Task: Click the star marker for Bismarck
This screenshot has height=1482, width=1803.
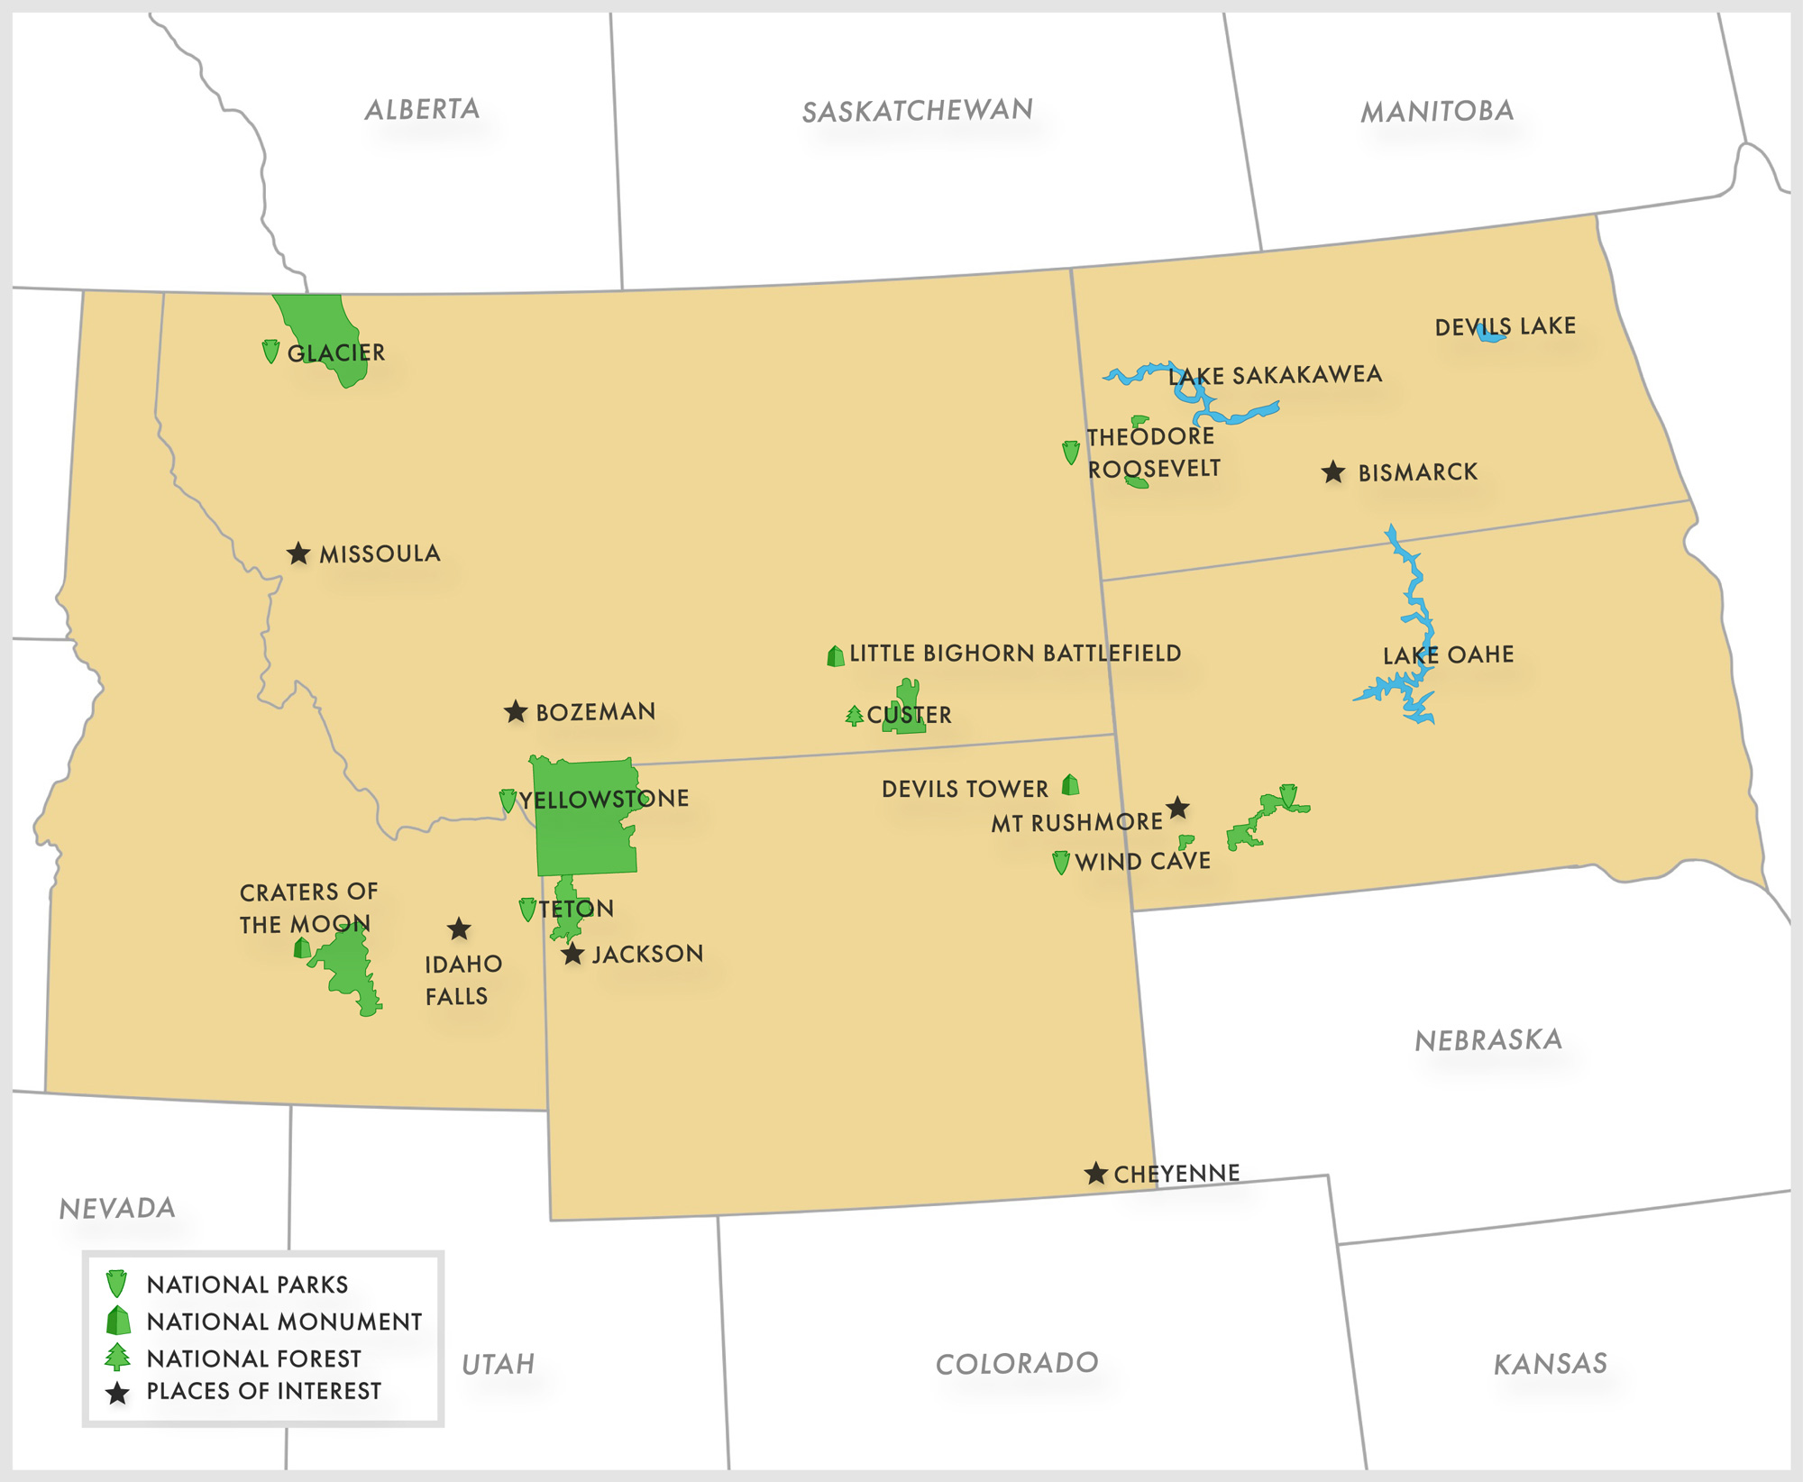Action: click(1333, 472)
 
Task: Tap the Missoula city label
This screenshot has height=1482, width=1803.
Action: click(380, 553)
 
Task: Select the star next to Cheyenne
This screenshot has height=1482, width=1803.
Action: click(1095, 1174)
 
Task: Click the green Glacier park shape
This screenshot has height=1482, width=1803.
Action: click(325, 325)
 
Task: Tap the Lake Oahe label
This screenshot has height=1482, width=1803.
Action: click(1448, 655)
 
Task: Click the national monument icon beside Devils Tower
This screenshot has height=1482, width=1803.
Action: click(1070, 785)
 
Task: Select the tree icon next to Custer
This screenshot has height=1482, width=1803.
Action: click(855, 717)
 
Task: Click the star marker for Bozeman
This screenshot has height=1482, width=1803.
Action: click(516, 712)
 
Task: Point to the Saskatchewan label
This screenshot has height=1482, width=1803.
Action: click(917, 111)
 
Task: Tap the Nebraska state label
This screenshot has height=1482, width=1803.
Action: click(1487, 1040)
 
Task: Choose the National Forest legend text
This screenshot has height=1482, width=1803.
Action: click(253, 1358)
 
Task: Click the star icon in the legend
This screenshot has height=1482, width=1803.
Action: click(117, 1394)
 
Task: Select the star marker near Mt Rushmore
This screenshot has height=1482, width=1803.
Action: click(1177, 808)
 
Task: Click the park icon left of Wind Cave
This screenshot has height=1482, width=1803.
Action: click(1061, 863)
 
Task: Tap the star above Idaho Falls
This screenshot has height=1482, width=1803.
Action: click(459, 929)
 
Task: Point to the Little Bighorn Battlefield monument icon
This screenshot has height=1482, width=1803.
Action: click(836, 656)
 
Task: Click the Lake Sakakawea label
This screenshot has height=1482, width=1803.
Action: click(1275, 375)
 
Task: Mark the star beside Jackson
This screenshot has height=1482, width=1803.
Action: click(572, 955)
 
